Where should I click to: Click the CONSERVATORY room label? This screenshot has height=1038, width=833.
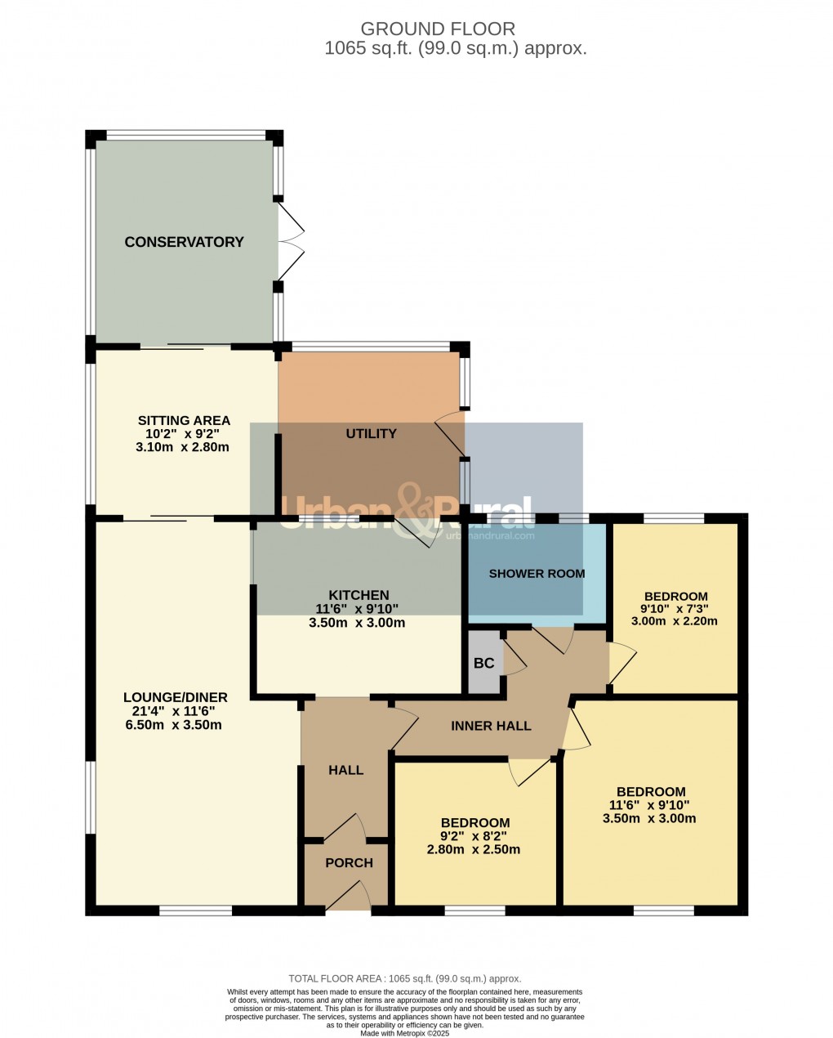point(184,242)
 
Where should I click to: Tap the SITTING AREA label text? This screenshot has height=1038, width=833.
point(184,421)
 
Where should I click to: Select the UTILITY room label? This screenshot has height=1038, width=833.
point(372,434)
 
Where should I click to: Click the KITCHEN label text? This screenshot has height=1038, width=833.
point(359,595)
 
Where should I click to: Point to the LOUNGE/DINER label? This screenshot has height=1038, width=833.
point(175,697)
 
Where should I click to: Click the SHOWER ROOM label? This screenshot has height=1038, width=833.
point(537,574)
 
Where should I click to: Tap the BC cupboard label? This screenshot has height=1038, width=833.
point(484,663)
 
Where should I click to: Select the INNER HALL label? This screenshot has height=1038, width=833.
point(491,726)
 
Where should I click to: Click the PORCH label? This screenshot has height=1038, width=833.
point(349,863)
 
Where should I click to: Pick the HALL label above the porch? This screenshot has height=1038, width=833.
point(345,770)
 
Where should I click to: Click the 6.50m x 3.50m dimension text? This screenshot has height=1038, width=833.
point(173,725)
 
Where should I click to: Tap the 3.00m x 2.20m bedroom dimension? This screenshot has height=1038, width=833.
point(675,621)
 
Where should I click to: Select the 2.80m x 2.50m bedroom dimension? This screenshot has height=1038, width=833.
point(474,850)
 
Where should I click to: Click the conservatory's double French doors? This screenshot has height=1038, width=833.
point(290,242)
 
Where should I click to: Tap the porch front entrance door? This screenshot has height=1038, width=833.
point(349,897)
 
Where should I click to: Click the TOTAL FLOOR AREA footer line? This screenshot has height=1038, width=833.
point(404,978)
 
